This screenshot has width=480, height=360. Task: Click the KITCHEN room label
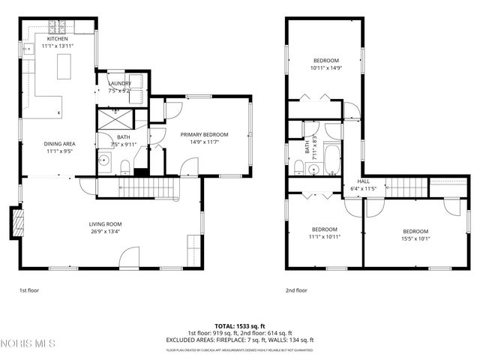click(58, 38)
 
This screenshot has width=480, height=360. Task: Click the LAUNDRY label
click(120, 83)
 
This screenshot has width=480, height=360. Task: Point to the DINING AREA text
click(58, 143)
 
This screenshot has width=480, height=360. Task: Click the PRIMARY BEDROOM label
click(204, 134)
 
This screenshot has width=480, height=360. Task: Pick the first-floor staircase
click(146, 188)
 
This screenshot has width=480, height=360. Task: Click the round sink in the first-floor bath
click(105, 160)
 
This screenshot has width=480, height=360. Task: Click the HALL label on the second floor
click(364, 181)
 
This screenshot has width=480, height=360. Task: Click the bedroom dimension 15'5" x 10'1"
click(415, 238)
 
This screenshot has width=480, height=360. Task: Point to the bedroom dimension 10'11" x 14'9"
click(326, 67)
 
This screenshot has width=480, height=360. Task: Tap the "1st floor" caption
click(29, 290)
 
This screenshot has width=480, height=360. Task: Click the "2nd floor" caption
click(295, 290)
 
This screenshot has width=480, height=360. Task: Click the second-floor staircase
click(404, 186)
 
